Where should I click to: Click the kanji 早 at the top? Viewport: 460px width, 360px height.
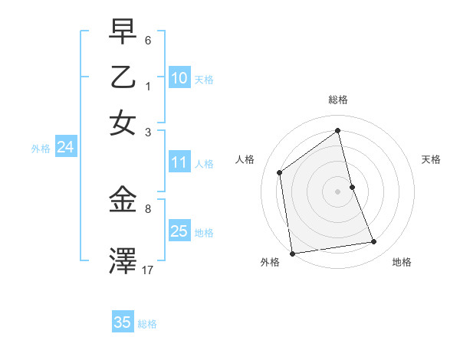(x=123, y=31)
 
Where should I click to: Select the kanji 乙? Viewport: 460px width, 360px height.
(x=123, y=77)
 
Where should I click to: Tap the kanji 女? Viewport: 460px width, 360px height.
(x=123, y=122)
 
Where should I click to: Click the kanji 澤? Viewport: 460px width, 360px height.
(x=123, y=260)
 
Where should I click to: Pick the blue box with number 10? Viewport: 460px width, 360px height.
(x=179, y=78)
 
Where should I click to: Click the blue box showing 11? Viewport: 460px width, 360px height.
(x=179, y=162)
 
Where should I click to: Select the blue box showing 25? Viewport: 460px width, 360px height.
(x=179, y=231)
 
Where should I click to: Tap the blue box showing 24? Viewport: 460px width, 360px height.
(x=65, y=148)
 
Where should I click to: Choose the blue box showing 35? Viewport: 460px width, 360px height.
(x=123, y=322)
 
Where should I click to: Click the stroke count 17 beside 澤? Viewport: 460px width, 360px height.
(x=148, y=270)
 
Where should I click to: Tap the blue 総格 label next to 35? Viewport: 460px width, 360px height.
(x=147, y=324)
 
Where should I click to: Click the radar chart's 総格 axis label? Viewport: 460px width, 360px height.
(x=338, y=100)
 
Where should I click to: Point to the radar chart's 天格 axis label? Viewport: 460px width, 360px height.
(x=432, y=159)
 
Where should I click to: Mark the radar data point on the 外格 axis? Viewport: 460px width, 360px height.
(x=292, y=253)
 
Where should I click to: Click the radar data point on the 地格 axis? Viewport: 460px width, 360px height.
(x=374, y=242)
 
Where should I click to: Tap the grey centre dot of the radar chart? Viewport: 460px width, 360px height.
(x=338, y=191)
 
